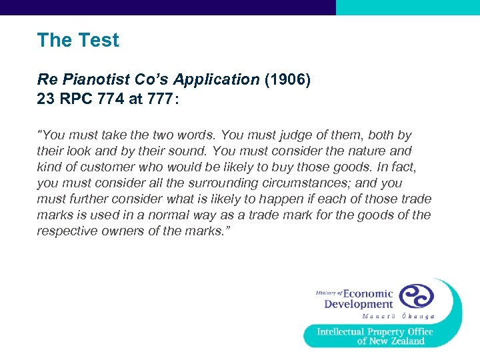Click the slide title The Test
click(x=78, y=40)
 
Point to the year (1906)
click(x=288, y=79)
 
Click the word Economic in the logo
click(x=368, y=293)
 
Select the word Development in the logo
click(x=358, y=305)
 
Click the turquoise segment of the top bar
click(x=407, y=7)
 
